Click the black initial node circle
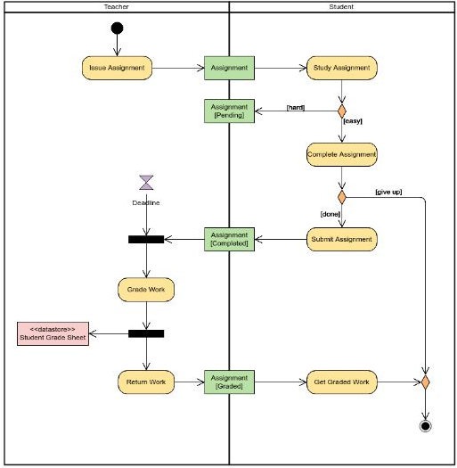[117, 28]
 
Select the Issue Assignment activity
[118, 67]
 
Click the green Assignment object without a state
[229, 67]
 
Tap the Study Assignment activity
[341, 67]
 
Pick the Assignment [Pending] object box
[229, 111]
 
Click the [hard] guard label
[295, 107]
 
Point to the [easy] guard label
[353, 120]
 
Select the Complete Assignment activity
[341, 154]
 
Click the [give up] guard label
[388, 192]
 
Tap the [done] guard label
[331, 213]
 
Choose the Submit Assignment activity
[341, 239]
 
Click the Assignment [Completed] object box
[229, 239]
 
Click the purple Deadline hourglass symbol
[146, 183]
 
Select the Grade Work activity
[145, 289]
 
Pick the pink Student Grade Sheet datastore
[53, 334]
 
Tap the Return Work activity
[145, 382]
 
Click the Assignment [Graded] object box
[229, 382]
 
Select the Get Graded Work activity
[341, 382]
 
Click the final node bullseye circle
[425, 426]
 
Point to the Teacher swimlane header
[116, 6]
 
